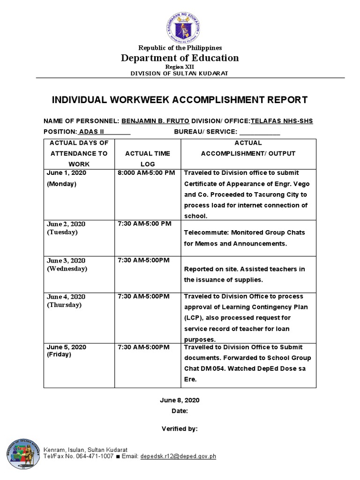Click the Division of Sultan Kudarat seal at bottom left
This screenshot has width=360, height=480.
pos(23,454)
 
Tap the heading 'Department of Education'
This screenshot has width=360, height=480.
pos(180,58)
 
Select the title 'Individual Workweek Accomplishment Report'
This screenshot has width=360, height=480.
pos(180,100)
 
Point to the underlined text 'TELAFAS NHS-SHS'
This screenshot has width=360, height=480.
pos(282,121)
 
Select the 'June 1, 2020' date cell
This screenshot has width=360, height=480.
pos(66,173)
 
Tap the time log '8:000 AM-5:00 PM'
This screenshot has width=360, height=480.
pos(146,173)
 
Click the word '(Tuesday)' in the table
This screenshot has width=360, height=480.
pos(62,232)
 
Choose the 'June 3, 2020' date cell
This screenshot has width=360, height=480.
pos(66,260)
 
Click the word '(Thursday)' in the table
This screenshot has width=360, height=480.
pos(64,305)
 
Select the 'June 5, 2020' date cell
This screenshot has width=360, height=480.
pos(66,347)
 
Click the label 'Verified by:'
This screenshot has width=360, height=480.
pos(180,428)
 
